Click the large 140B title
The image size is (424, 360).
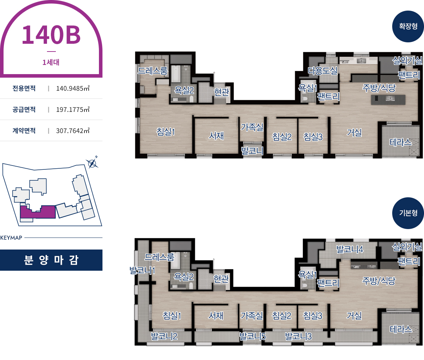(x=51, y=35)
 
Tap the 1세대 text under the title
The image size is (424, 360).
(x=51, y=62)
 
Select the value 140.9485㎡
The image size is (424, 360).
(x=73, y=88)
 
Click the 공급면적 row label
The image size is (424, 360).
(x=24, y=109)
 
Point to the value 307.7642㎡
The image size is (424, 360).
(x=73, y=131)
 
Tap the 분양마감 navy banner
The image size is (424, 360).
(x=51, y=260)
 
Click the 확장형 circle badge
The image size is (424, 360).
(x=408, y=26)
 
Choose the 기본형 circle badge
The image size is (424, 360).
(x=408, y=213)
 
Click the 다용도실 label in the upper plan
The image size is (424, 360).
(x=323, y=71)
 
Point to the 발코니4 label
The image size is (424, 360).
(x=350, y=250)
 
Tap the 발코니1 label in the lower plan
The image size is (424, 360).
(x=142, y=270)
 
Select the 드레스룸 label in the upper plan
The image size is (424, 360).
(x=152, y=71)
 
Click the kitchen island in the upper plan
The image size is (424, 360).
(x=388, y=100)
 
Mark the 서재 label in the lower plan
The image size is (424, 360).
(x=216, y=316)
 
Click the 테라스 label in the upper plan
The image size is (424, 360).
(x=400, y=142)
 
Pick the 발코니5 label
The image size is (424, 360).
(x=253, y=336)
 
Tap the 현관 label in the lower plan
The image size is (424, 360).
(x=221, y=278)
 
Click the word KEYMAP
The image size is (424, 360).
(x=11, y=238)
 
